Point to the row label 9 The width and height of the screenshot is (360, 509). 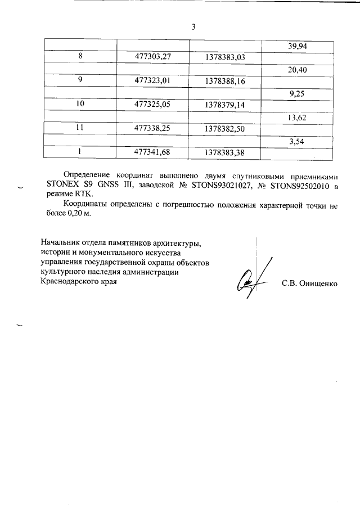tap(80, 80)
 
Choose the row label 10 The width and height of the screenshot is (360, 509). tap(80, 105)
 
